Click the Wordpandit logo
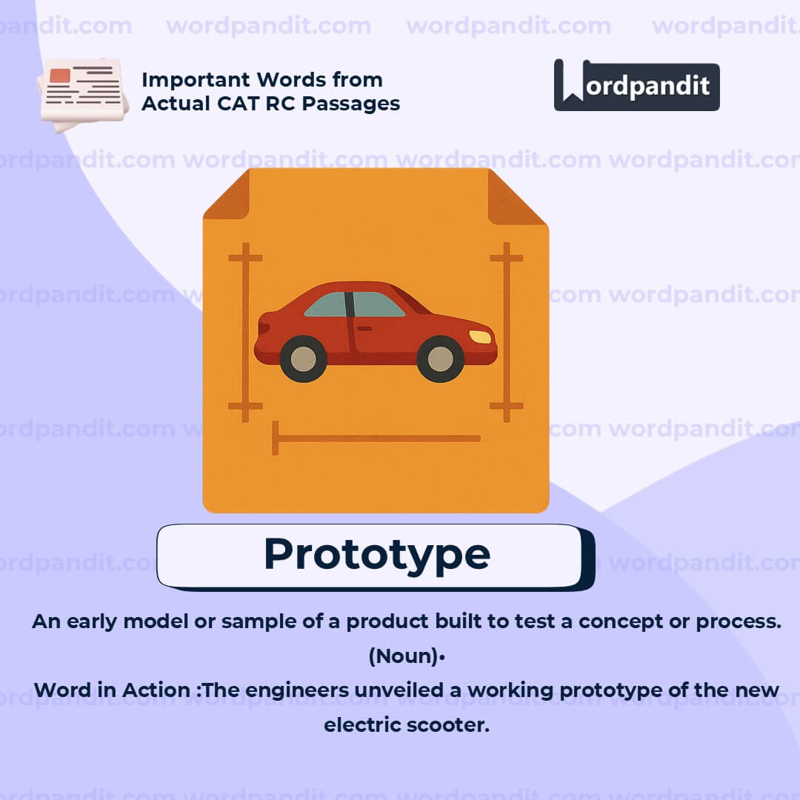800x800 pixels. pyautogui.click(x=636, y=85)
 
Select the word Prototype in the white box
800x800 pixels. pyautogui.click(x=376, y=554)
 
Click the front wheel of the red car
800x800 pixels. pyautogui.click(x=440, y=359)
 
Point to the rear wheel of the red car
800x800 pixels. pyautogui.click(x=302, y=359)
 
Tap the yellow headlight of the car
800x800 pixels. pyautogui.click(x=480, y=337)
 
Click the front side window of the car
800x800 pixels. pyautogui.click(x=378, y=304)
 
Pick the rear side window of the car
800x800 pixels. pyautogui.click(x=327, y=305)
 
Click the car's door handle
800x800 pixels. pyautogui.click(x=364, y=328)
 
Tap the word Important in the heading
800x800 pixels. pyautogui.click(x=196, y=79)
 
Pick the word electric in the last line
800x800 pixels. pyautogui.click(x=361, y=724)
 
